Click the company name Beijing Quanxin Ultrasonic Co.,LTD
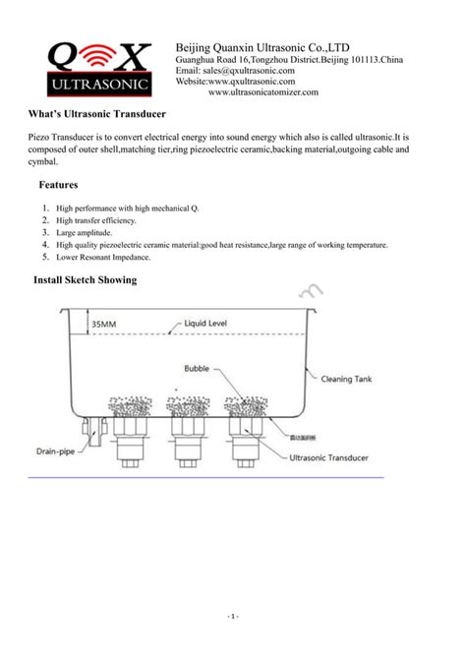[262, 47]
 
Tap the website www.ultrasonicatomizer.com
[262, 92]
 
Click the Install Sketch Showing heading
[85, 281]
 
